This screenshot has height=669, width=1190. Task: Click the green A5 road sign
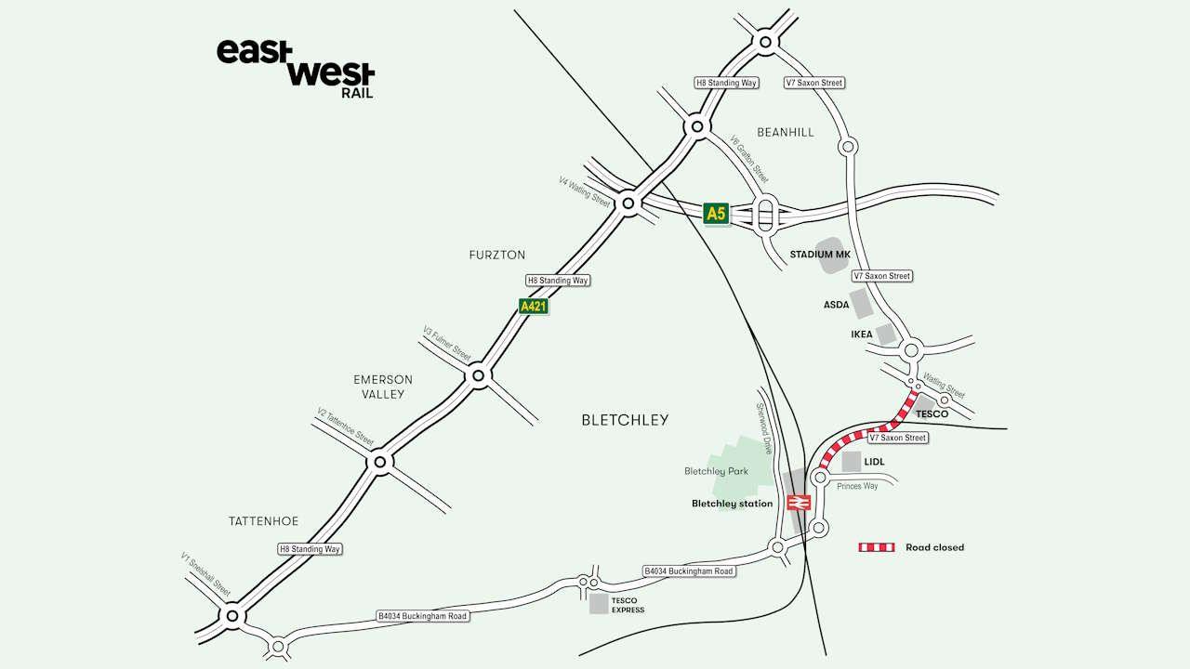click(x=715, y=214)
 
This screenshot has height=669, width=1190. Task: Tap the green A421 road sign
click(x=532, y=306)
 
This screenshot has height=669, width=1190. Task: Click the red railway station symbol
click(x=799, y=503)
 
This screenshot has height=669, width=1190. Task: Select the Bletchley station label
click(x=732, y=504)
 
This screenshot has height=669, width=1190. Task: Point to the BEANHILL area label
click(x=785, y=132)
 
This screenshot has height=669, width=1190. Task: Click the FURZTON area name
click(x=496, y=255)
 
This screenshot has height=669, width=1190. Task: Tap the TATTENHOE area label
click(x=263, y=521)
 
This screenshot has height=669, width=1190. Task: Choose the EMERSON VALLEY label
click(x=383, y=387)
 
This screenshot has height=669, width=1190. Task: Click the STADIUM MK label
click(x=819, y=254)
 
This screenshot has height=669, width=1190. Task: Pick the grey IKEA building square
click(x=886, y=334)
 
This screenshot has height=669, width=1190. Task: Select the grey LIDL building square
click(x=852, y=461)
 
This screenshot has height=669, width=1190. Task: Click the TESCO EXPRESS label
click(x=628, y=605)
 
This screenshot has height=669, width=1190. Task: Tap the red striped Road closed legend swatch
click(x=876, y=547)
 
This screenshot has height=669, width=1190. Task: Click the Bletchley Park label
click(x=716, y=471)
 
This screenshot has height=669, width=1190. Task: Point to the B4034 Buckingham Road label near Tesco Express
click(x=422, y=615)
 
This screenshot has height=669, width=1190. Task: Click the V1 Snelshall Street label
click(x=205, y=573)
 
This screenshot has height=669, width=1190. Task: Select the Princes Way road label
click(x=856, y=486)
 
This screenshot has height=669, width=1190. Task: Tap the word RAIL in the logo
click(x=357, y=93)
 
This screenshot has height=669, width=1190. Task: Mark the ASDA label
click(x=836, y=304)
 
